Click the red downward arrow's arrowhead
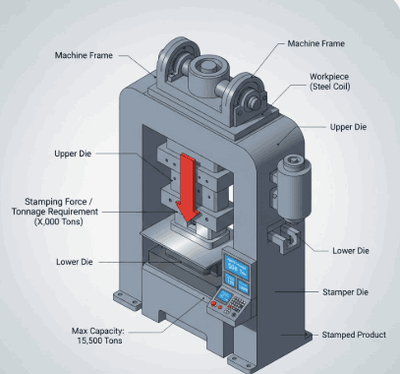[x=188, y=214]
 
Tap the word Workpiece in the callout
[x=329, y=77]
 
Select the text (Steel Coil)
[x=330, y=87]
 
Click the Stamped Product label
[x=354, y=335]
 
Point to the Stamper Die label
[x=345, y=292]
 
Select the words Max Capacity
[x=97, y=331]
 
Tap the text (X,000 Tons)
[x=59, y=221]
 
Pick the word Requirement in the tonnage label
[x=73, y=212]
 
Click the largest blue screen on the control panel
[x=236, y=267]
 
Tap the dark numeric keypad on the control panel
[x=237, y=305]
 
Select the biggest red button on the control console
[x=214, y=304]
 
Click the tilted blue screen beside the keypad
[x=224, y=295]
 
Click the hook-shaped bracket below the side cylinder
[x=284, y=237]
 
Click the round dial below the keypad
[x=234, y=315]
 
